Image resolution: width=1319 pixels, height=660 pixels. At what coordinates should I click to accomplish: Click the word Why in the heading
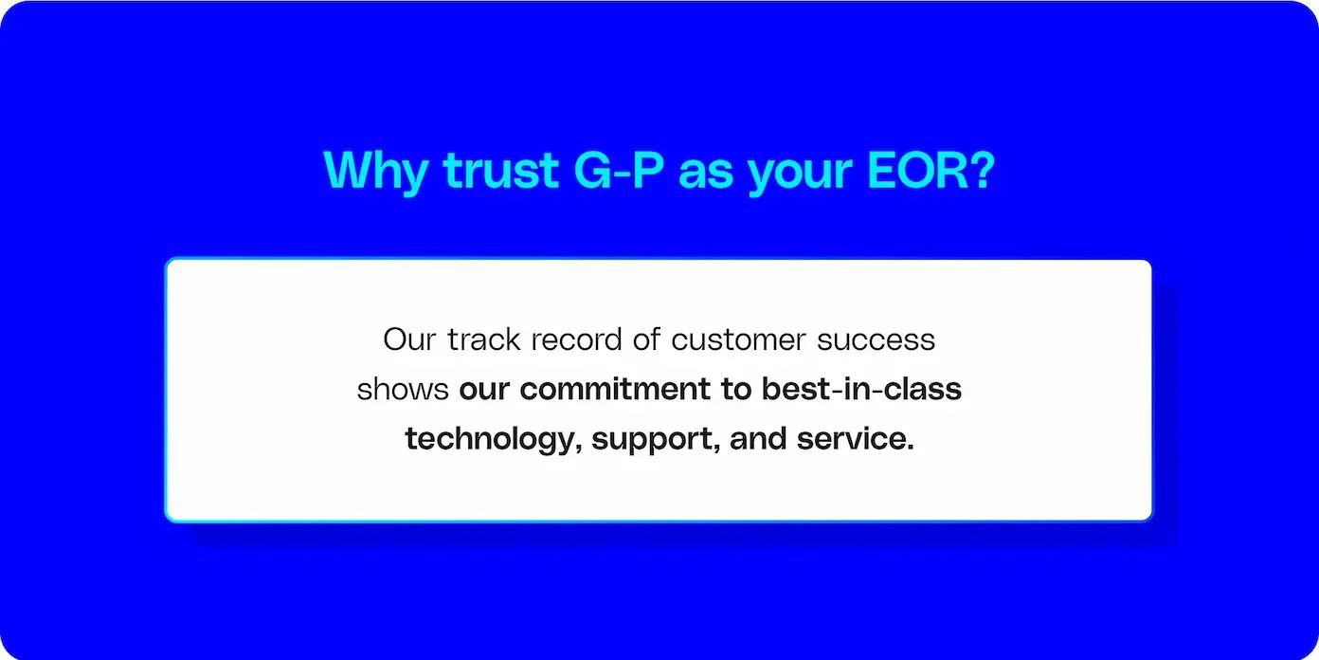click(375, 172)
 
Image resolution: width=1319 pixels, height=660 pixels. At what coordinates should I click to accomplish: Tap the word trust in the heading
click(500, 171)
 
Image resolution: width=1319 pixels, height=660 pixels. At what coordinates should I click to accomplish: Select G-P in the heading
click(618, 171)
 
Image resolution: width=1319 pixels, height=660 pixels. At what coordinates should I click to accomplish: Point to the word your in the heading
click(801, 175)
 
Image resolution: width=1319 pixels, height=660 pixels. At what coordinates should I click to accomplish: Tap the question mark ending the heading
click(981, 171)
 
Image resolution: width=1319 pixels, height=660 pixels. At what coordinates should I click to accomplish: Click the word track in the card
click(484, 339)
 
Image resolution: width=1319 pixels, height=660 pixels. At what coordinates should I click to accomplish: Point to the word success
click(876, 341)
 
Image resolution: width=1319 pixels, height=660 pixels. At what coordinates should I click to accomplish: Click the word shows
click(403, 389)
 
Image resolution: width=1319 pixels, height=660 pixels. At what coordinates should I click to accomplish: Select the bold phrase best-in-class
click(861, 389)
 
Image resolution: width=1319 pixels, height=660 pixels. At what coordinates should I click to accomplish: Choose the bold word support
click(656, 441)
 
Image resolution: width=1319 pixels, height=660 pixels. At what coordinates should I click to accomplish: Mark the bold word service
click(855, 439)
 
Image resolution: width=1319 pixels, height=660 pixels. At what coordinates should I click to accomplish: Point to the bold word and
click(758, 438)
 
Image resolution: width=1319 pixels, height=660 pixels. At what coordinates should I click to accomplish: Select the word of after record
click(646, 339)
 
